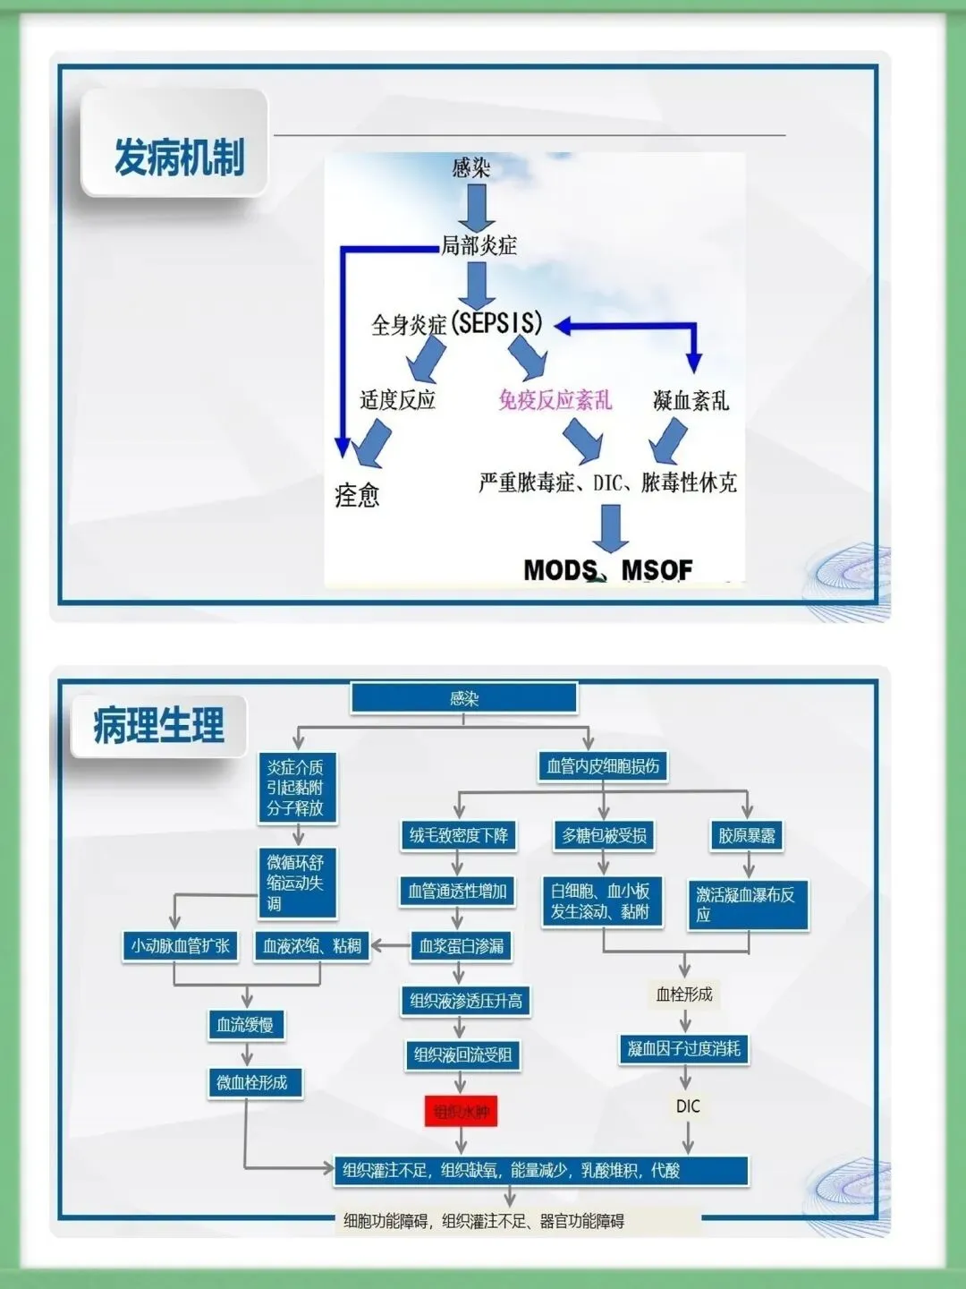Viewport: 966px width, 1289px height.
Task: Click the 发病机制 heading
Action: click(x=179, y=158)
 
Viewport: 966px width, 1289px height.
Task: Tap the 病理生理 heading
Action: click(x=158, y=725)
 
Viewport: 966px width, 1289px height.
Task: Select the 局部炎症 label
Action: click(x=479, y=245)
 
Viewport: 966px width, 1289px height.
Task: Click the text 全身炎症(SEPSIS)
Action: click(x=457, y=323)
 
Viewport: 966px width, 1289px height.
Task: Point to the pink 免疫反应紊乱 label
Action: click(x=555, y=399)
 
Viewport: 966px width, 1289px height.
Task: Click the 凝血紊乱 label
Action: click(x=691, y=400)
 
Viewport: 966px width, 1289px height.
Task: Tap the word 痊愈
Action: click(x=357, y=495)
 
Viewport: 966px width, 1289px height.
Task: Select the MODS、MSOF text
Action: click(x=608, y=569)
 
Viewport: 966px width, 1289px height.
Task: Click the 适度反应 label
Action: click(x=397, y=399)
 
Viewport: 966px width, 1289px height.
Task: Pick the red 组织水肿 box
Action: click(x=461, y=1112)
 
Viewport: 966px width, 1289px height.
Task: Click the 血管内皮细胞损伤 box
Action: click(x=603, y=766)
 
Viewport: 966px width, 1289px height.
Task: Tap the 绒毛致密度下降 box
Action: click(x=458, y=836)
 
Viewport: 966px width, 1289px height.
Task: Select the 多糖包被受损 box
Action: click(x=604, y=836)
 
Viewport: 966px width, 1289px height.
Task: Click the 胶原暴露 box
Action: click(x=747, y=836)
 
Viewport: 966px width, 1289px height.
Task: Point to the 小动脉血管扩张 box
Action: click(x=181, y=946)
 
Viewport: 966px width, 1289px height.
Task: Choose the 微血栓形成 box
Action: click(x=252, y=1082)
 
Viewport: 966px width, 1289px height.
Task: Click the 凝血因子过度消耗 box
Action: click(x=684, y=1049)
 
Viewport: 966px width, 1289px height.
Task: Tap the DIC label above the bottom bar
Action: click(x=688, y=1106)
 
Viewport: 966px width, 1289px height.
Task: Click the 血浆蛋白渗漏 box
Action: click(x=462, y=946)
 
